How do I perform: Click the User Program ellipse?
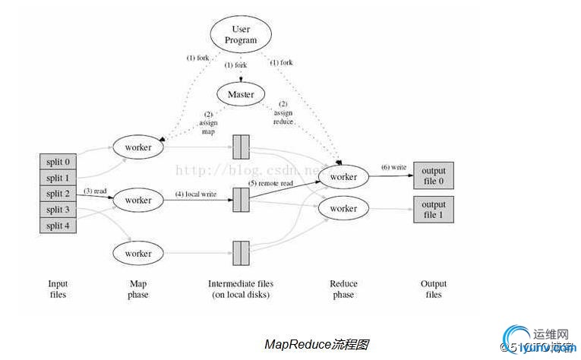(x=241, y=34)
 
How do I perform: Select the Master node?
(x=241, y=94)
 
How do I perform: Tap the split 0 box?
(x=58, y=162)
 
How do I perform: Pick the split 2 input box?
(x=58, y=194)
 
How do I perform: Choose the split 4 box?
(x=58, y=225)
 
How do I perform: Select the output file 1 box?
(x=434, y=210)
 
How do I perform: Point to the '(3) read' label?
(x=95, y=191)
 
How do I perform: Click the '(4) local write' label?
(x=196, y=194)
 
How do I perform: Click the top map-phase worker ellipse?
(x=137, y=147)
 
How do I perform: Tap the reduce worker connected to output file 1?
(x=343, y=208)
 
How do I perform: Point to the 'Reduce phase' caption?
(x=343, y=289)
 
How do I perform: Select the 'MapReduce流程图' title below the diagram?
(x=316, y=344)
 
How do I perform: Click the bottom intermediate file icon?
(x=241, y=251)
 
